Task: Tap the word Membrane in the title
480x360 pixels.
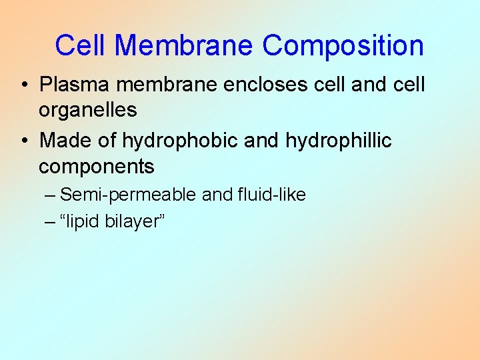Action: (x=185, y=45)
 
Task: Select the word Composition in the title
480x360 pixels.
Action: (x=343, y=45)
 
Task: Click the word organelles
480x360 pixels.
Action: (x=87, y=110)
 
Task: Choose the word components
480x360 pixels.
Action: (x=96, y=166)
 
